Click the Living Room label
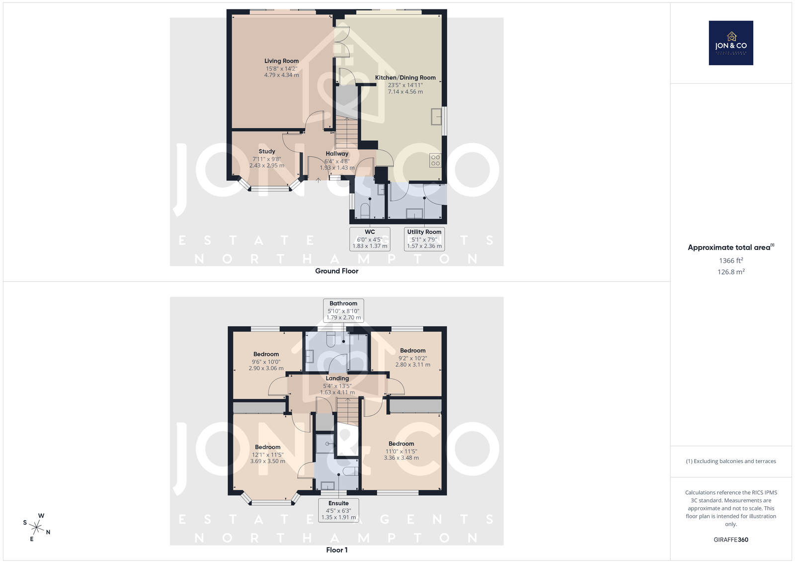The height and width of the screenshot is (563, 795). point(281,61)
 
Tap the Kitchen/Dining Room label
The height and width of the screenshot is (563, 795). point(405,78)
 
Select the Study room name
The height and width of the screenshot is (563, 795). point(267,151)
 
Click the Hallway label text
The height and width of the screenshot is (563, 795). point(337,154)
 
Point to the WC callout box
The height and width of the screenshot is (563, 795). point(370,239)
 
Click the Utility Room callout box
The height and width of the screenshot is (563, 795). point(424,239)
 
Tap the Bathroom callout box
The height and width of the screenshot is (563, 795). point(343,310)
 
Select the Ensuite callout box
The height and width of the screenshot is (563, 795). point(338,510)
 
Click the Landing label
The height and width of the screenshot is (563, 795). point(337,378)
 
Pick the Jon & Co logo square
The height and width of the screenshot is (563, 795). point(731,43)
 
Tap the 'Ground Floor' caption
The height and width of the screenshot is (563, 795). point(337,271)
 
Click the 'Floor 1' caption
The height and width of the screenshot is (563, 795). point(337,550)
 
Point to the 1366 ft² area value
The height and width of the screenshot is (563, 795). point(731,261)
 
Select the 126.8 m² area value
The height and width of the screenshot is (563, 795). point(731,272)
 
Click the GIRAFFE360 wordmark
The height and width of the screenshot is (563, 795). point(731,540)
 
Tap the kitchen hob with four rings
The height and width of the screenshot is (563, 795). point(435,160)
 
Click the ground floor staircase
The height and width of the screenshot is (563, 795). point(347,132)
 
